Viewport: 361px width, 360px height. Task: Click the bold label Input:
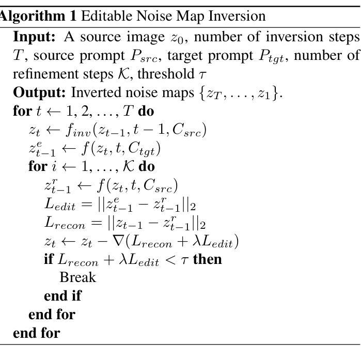click(x=37, y=38)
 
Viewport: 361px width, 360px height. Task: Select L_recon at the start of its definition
click(x=63, y=224)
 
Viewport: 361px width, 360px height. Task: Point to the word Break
click(x=78, y=277)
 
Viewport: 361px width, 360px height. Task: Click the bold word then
click(x=207, y=258)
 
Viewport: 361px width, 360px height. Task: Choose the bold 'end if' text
click(x=62, y=296)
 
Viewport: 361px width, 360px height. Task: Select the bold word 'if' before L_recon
click(x=50, y=258)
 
